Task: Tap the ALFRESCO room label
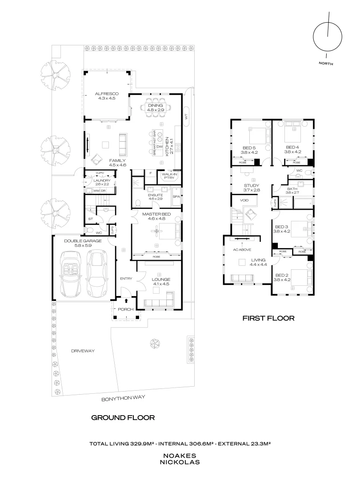click(107, 94)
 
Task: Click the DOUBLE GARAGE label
click(83, 240)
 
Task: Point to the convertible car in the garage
click(71, 274)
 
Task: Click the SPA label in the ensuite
click(176, 196)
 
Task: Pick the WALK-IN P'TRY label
click(169, 176)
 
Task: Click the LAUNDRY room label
click(102, 180)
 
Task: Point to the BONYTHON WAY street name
click(124, 399)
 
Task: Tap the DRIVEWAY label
click(83, 351)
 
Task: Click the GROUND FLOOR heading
click(123, 417)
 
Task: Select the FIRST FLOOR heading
click(268, 318)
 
